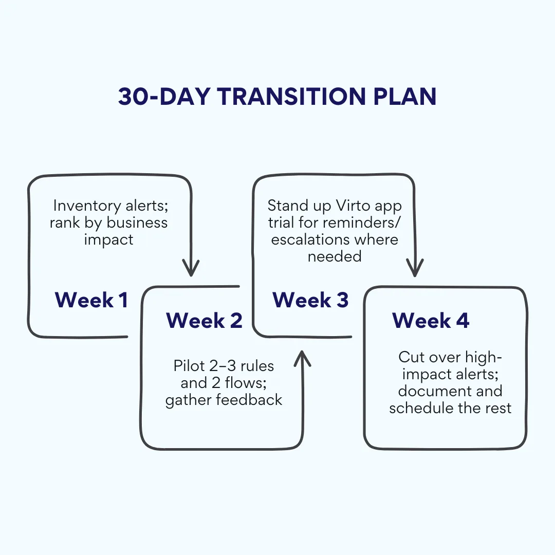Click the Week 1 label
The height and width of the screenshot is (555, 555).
click(91, 300)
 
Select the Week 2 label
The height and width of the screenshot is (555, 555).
click(204, 320)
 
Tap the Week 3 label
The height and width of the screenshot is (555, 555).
click(310, 300)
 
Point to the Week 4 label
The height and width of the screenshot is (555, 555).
click(431, 320)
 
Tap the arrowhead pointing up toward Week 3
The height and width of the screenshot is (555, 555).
click(303, 358)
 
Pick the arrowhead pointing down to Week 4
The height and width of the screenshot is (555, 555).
click(415, 268)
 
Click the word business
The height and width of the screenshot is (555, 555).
click(137, 223)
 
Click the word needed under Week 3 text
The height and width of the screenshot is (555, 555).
click(335, 256)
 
